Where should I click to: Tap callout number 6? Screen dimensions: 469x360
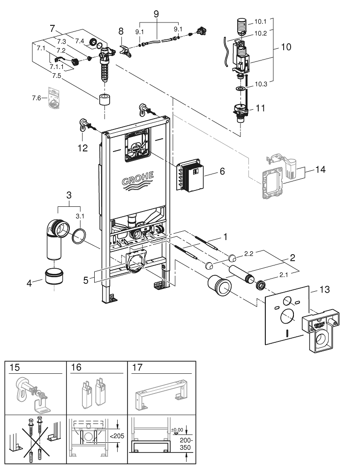coord(222,172)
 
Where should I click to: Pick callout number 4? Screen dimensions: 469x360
coord(30,283)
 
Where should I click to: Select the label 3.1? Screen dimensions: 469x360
coord(81,216)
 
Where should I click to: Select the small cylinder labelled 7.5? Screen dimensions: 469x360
coord(103,100)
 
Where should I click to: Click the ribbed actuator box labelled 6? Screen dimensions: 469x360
coord(191,178)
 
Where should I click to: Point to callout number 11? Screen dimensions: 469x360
coord(261,108)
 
